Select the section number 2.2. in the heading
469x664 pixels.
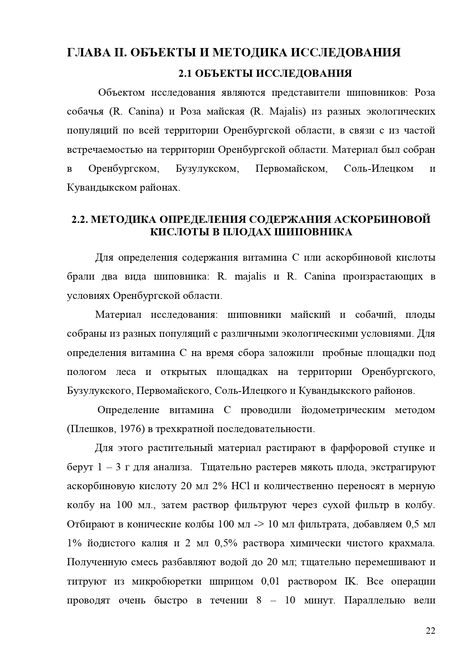(x=80, y=219)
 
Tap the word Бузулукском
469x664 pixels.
(x=207, y=168)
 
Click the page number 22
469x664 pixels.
(x=430, y=631)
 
